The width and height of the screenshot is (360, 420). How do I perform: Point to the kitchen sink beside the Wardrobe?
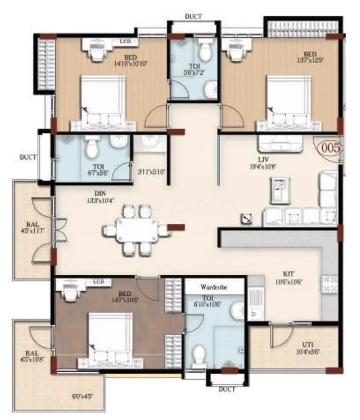pyautogui.click(x=255, y=298)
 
